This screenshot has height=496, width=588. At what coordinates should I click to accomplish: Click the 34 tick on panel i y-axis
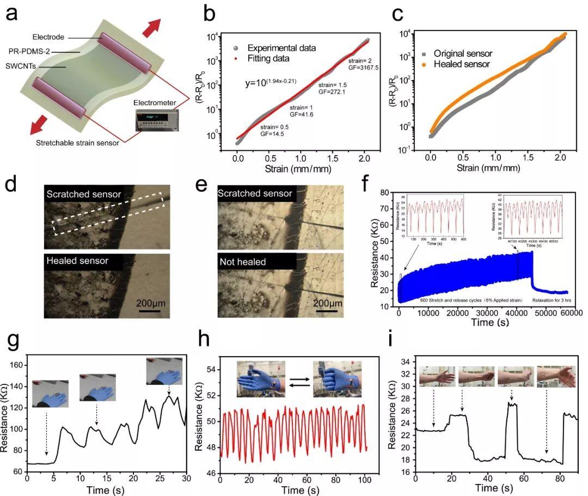point(406,360)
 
